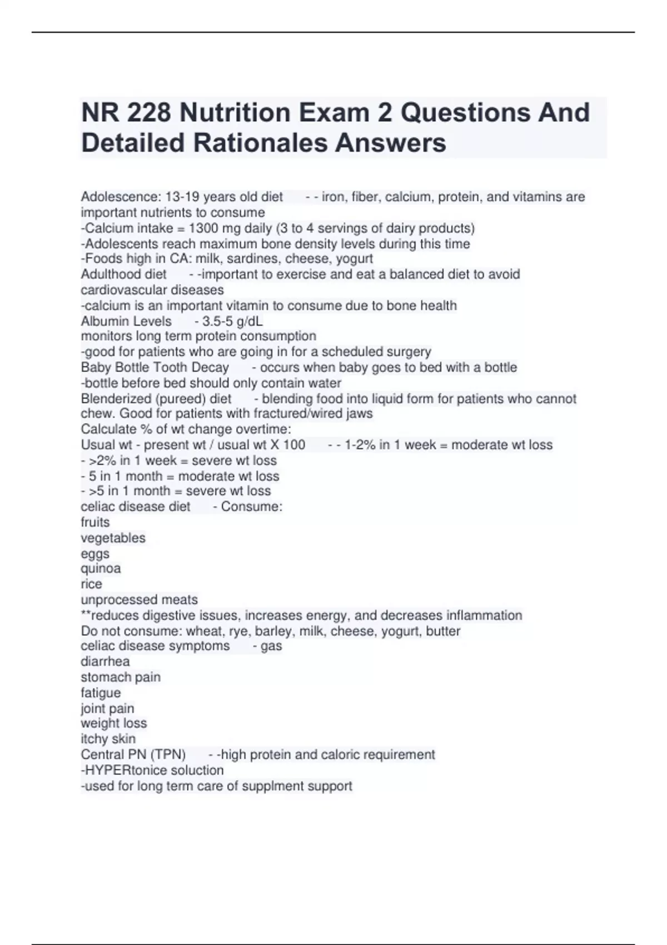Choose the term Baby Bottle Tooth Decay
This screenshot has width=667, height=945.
(x=155, y=367)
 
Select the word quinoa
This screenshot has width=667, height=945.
(x=101, y=568)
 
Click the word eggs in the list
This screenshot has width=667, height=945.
(x=95, y=554)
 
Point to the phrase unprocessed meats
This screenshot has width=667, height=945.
(x=139, y=600)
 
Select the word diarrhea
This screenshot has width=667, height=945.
(x=105, y=661)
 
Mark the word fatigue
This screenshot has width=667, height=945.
(x=101, y=693)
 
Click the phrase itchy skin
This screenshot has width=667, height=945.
(x=108, y=739)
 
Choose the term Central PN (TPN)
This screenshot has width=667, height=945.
(x=133, y=754)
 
